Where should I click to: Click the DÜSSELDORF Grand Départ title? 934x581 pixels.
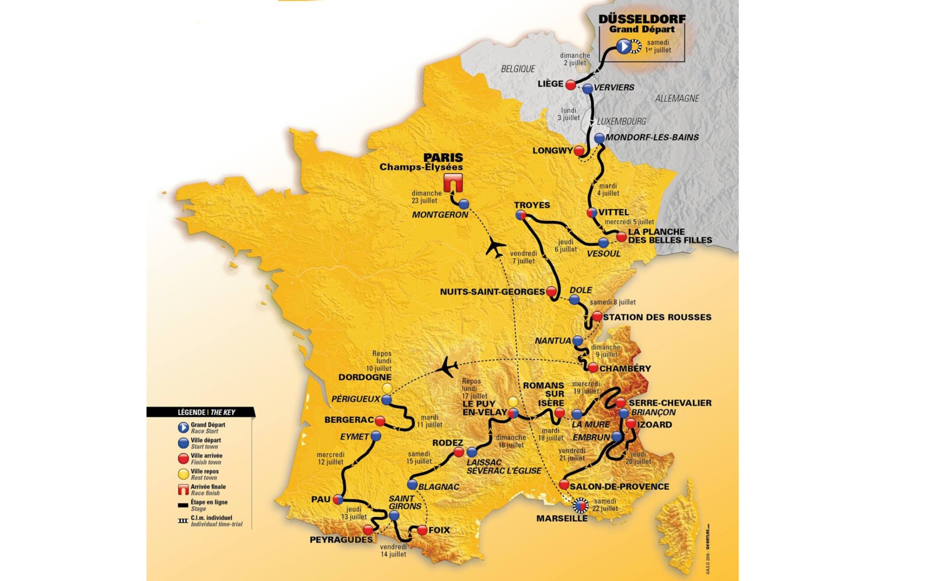(x=642, y=23)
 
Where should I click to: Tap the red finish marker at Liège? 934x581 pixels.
(x=571, y=85)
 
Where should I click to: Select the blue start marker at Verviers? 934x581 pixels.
(x=588, y=89)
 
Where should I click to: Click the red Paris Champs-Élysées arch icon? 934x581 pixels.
(x=453, y=182)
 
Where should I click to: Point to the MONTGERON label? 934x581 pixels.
(x=440, y=215)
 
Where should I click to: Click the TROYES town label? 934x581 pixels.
(x=532, y=205)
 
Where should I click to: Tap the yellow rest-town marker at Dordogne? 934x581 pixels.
(x=386, y=388)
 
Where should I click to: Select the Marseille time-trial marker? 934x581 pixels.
(x=580, y=505)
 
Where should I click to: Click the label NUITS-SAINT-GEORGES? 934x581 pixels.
(x=492, y=292)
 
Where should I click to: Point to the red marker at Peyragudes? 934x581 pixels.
(x=368, y=530)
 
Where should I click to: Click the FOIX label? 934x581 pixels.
(x=439, y=530)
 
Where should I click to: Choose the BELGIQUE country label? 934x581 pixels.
(x=518, y=69)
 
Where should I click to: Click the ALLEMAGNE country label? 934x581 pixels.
(x=677, y=98)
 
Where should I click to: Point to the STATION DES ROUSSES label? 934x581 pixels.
(x=657, y=317)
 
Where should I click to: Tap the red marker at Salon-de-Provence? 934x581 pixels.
(x=564, y=485)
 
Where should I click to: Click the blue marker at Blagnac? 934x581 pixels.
(x=412, y=485)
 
